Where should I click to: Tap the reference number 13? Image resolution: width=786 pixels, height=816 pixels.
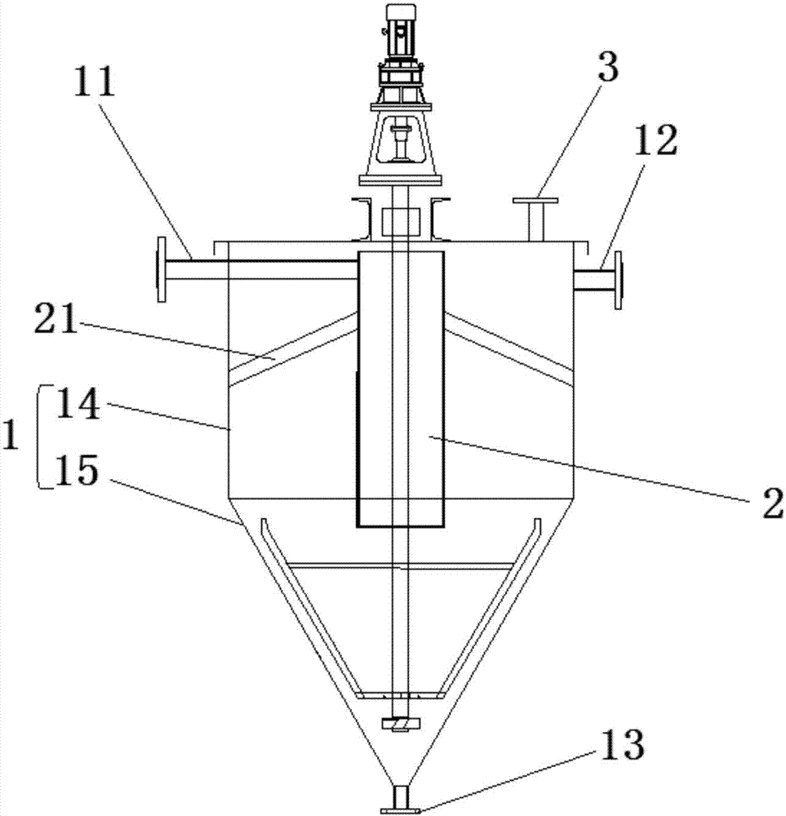point(623,744)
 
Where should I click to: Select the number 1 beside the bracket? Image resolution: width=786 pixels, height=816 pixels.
point(11,437)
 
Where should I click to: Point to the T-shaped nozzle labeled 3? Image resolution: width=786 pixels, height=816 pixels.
point(535,216)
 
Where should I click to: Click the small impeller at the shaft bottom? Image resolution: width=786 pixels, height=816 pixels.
point(401,723)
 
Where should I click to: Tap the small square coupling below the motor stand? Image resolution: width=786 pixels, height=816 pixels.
point(401,220)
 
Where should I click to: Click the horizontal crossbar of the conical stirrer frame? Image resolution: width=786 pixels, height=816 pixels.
point(401,565)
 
